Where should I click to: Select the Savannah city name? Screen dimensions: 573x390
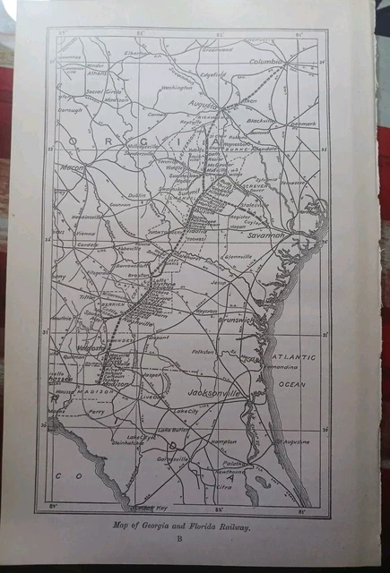265,235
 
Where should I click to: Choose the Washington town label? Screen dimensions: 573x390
177,88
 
